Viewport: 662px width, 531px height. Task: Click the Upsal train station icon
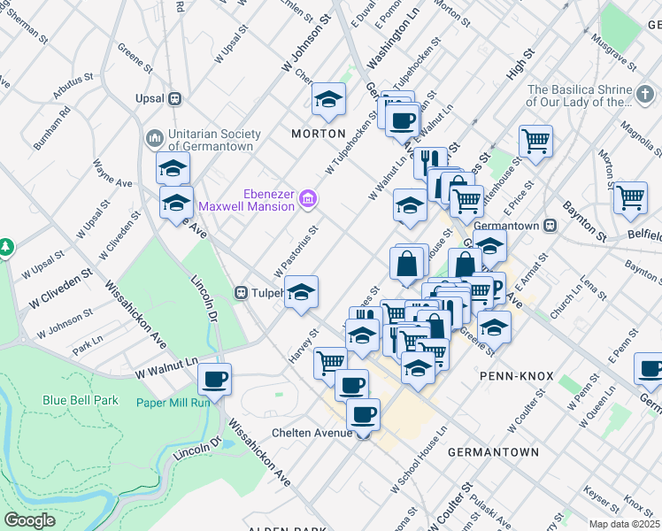[x=175, y=98]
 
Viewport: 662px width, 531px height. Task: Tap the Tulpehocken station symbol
[x=240, y=292]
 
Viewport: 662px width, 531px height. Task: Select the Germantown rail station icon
[x=550, y=225]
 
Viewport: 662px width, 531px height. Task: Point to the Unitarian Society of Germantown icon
[x=155, y=139]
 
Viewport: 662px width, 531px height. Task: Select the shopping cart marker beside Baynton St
[x=630, y=197]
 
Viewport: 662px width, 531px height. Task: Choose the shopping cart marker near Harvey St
[x=330, y=361]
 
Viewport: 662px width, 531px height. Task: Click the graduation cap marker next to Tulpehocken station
[x=301, y=292]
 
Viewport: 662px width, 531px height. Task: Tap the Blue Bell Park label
[x=81, y=400]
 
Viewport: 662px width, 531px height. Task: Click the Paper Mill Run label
[x=173, y=403]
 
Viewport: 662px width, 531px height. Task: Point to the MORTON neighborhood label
[x=318, y=133]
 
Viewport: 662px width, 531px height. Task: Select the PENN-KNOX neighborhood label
[x=516, y=376]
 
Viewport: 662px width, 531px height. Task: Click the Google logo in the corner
[x=30, y=519]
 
